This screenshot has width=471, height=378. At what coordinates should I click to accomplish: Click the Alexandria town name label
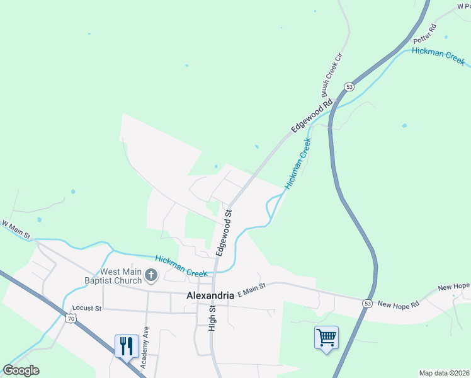(210, 295)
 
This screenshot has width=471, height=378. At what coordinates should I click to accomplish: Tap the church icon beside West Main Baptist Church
(151, 275)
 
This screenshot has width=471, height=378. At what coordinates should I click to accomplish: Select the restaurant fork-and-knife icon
(126, 345)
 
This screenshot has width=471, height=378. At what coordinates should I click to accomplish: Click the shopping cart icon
(326, 338)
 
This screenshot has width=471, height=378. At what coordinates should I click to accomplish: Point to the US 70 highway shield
(70, 319)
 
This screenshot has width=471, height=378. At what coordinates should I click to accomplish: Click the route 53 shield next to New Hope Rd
(366, 304)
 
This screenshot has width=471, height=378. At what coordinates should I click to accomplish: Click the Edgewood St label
(224, 232)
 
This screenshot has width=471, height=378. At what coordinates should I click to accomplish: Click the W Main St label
(16, 229)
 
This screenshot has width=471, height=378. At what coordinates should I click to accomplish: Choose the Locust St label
(86, 309)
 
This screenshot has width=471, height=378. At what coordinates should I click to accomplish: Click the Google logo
(21, 370)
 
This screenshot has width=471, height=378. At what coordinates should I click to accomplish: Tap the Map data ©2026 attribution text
(443, 373)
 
